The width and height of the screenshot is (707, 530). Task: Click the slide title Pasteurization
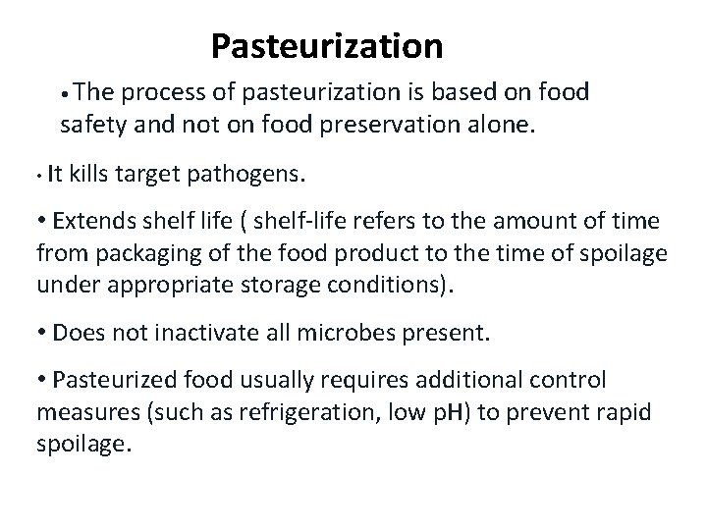pos(327,45)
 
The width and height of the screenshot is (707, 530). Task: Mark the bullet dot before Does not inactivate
pos(43,332)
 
